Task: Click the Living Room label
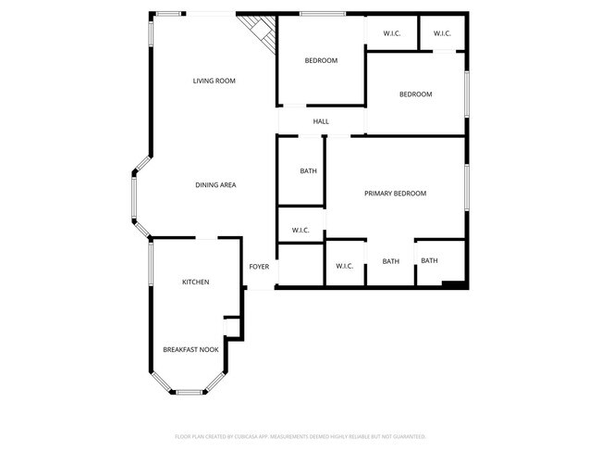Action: [x=214, y=82]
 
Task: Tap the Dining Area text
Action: [x=215, y=185]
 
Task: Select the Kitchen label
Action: [x=195, y=282]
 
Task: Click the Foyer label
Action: [x=259, y=267]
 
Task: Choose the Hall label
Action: [x=321, y=121]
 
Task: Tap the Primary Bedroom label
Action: [x=395, y=194]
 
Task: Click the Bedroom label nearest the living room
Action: [x=321, y=61]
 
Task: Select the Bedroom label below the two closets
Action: [x=415, y=94]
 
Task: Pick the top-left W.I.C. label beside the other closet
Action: [x=390, y=34]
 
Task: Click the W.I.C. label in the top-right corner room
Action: [x=441, y=34]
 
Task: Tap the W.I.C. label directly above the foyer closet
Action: [x=300, y=230]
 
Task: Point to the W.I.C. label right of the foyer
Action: [x=344, y=266]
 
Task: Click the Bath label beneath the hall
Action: [x=308, y=171]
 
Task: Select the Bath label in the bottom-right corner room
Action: [x=429, y=260]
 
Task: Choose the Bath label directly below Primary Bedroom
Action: [x=390, y=261]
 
